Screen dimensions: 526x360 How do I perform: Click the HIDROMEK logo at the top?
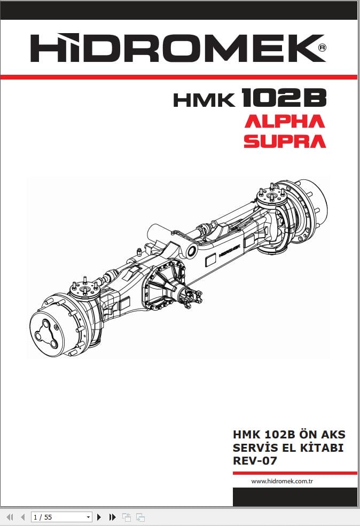pyautogui.click(x=176, y=49)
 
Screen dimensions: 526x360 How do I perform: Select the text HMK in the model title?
pyautogui.click(x=204, y=99)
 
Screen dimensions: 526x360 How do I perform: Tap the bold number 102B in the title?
pyautogui.click(x=283, y=98)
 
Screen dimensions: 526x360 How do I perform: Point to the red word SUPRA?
pyautogui.click(x=284, y=141)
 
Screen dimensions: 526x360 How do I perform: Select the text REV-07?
pyautogui.click(x=255, y=460)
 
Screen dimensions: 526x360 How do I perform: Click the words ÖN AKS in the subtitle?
pyautogui.click(x=327, y=434)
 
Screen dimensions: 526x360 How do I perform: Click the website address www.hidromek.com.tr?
pyautogui.click(x=281, y=481)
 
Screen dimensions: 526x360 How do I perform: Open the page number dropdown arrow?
pyautogui.click(x=89, y=517)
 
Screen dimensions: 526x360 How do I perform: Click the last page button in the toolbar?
pyautogui.click(x=112, y=517)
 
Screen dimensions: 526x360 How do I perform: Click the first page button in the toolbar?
pyautogui.click(x=10, y=517)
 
